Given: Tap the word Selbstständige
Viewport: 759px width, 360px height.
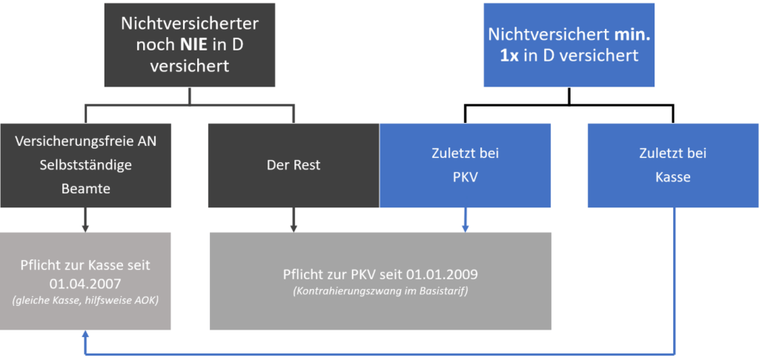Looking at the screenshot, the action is [86, 165].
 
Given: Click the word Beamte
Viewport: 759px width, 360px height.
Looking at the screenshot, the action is [86, 188].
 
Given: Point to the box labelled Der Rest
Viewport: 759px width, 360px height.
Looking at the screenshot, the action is [294, 165].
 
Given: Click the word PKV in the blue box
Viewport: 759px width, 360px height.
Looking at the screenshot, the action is [465, 177].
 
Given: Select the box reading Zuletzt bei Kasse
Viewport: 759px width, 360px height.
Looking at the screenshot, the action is [673, 165].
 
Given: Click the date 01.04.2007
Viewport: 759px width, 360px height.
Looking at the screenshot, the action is [86, 282].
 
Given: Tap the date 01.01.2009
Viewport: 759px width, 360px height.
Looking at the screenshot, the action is [442, 274].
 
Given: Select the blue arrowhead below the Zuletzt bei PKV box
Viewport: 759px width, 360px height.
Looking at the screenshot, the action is [465, 229].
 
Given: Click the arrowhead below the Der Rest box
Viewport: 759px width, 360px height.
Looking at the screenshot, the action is [294, 229].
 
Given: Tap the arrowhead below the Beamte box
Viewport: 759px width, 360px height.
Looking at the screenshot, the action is [85, 229].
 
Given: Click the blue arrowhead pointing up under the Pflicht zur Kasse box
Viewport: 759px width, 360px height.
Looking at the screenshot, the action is [85, 334].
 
